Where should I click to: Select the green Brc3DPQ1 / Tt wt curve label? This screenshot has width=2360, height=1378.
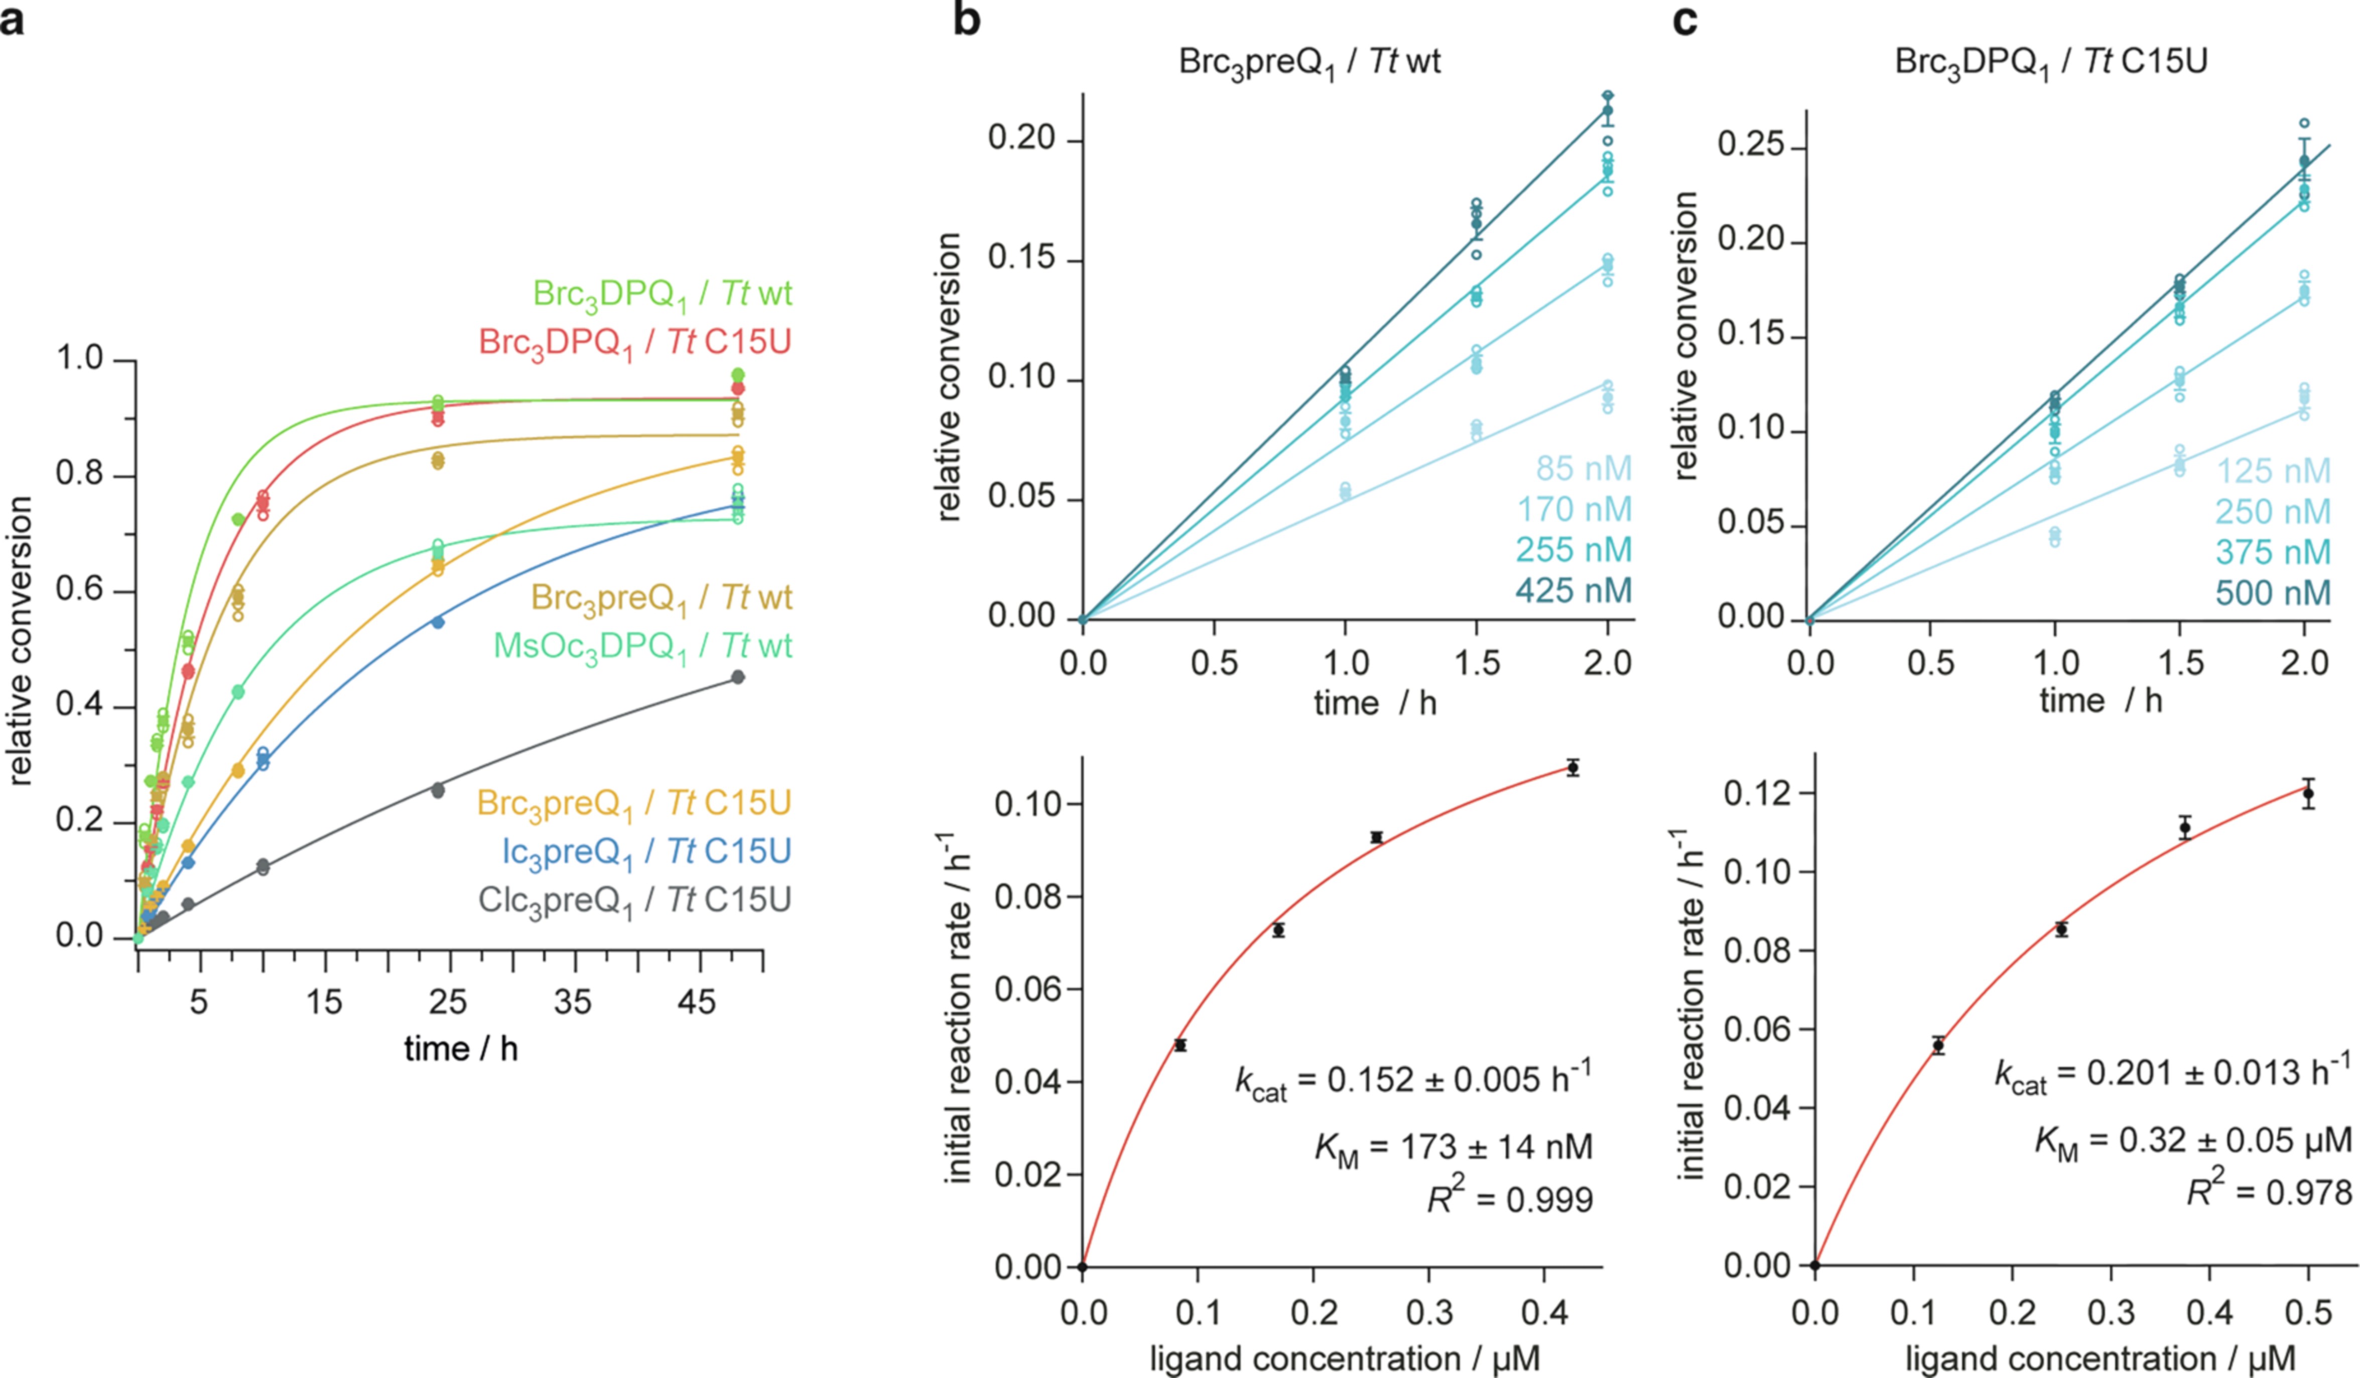pyautogui.click(x=662, y=294)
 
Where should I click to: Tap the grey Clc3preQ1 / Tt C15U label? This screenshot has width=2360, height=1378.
pyautogui.click(x=634, y=901)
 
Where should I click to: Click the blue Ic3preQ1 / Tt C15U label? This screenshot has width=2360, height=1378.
pyautogui.click(x=646, y=852)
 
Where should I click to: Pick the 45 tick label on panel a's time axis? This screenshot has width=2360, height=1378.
pyautogui.click(x=697, y=1003)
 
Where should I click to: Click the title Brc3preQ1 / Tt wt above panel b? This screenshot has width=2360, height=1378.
pyautogui.click(x=1308, y=62)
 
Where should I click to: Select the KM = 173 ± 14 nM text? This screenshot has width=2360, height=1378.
pyautogui.click(x=1454, y=1148)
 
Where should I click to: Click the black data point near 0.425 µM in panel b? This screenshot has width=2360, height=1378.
pyautogui.click(x=1574, y=768)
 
